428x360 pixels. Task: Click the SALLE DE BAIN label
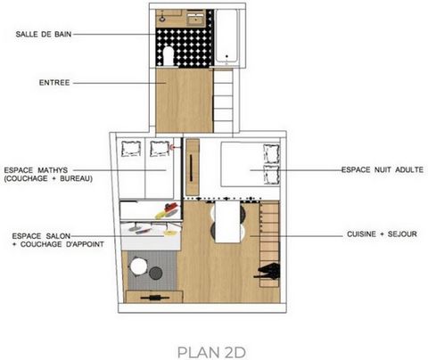pos(44,34)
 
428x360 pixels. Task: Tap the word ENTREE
pos(54,83)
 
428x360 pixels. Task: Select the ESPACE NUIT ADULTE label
pos(383,170)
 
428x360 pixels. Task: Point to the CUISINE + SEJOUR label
pos(382,234)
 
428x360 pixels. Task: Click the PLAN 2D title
pos(211,352)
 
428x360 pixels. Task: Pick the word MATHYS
pos(53,170)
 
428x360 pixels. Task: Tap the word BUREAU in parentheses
pos(76,178)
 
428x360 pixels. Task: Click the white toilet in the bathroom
pos(169,55)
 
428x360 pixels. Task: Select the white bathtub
pos(226,36)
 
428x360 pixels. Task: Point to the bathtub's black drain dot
pos(226,56)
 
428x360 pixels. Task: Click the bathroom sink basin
pos(196,18)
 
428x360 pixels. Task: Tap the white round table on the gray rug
pos(138,266)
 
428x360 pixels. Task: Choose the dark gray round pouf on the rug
pos(155,273)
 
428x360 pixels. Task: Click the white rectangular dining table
pos(227,222)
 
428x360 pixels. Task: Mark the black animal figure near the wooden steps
pos(268,272)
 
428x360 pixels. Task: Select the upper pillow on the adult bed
pos(272,153)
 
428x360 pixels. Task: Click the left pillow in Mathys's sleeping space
pos(131,148)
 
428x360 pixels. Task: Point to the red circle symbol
pos(172,147)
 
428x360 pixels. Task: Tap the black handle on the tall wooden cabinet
pos(191,168)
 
